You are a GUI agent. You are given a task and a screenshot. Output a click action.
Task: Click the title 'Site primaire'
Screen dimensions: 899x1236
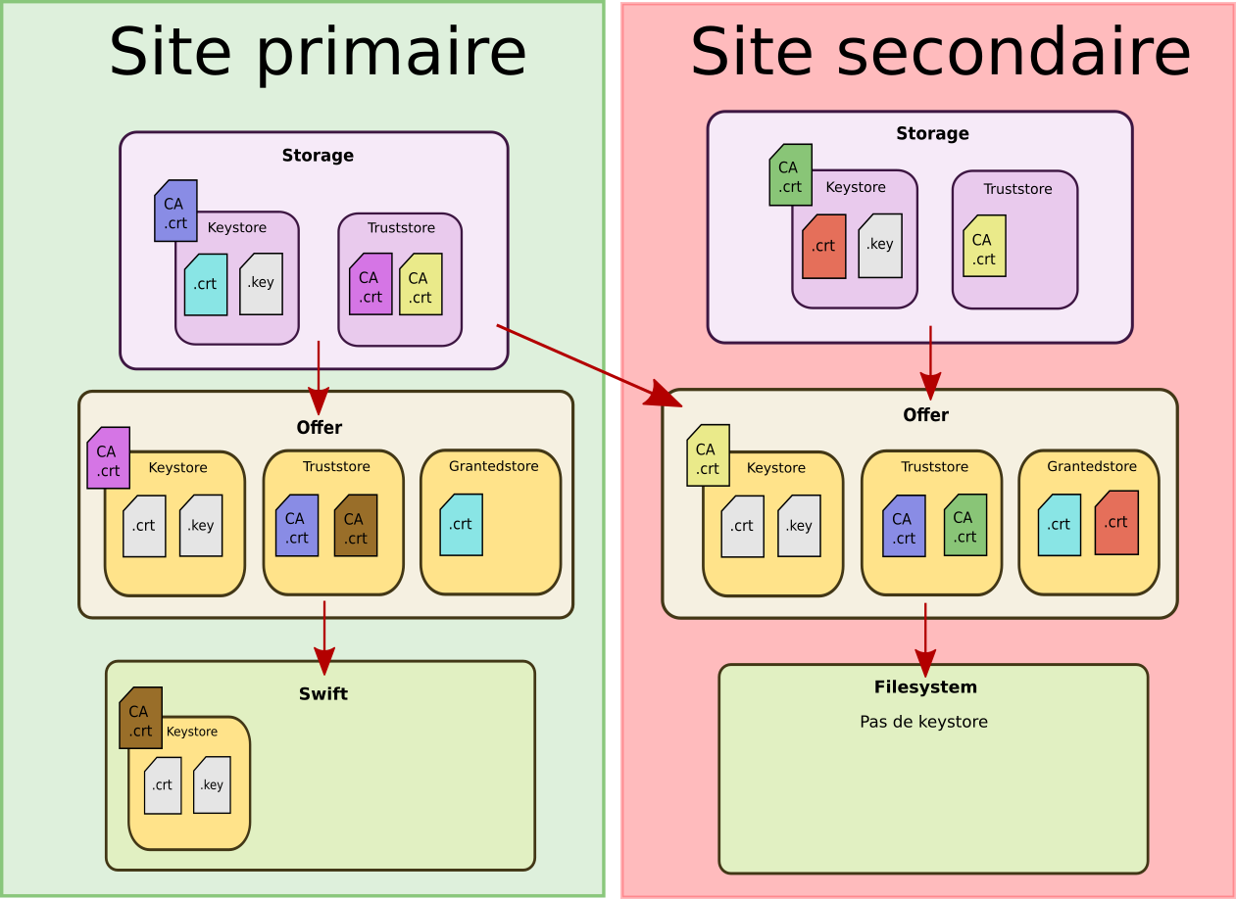point(317,52)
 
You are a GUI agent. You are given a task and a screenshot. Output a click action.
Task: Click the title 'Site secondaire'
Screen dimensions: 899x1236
point(939,51)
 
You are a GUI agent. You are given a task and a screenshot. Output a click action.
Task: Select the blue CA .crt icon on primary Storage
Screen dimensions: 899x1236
point(175,211)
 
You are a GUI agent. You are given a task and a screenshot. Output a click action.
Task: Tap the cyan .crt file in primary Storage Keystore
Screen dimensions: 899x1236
point(206,285)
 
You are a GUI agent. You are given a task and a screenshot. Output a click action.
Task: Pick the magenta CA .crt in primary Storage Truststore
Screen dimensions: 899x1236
point(371,284)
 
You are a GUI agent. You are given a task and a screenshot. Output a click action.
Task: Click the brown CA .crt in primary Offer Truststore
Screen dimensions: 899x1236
point(355,526)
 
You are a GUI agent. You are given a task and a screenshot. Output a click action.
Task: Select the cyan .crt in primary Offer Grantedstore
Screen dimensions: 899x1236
point(461,525)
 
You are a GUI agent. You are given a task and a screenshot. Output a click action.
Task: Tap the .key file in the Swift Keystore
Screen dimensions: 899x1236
point(212,784)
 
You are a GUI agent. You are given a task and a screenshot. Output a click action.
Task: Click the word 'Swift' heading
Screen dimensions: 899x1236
point(322,694)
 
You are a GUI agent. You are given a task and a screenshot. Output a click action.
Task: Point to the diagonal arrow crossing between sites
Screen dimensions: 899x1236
point(588,364)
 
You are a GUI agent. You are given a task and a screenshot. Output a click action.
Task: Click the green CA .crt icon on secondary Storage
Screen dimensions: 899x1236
point(790,175)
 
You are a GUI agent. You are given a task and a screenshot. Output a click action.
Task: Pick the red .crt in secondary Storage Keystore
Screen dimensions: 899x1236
point(823,247)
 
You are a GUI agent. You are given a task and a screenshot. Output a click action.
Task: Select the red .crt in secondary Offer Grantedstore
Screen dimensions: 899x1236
point(1116,523)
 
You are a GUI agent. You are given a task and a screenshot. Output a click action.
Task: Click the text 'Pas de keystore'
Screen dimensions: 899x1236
point(923,722)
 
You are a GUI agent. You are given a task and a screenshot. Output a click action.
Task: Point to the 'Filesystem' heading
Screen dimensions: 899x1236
point(925,687)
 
